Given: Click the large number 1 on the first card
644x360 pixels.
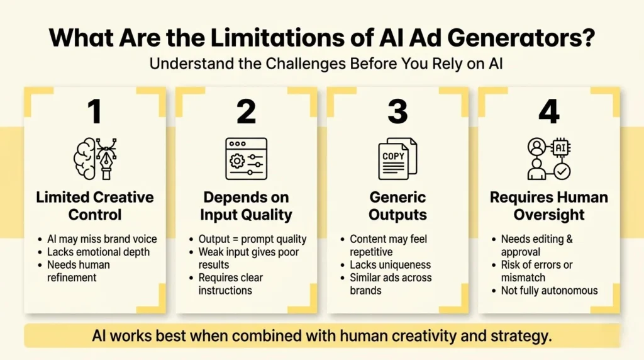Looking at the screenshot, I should click(94, 112).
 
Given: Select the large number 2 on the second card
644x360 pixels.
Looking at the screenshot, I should click(246, 112).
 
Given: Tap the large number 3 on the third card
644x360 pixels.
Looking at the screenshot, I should click(397, 112).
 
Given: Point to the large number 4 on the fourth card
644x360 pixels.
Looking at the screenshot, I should click(549, 112).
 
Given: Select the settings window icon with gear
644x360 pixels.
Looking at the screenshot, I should click(246, 159).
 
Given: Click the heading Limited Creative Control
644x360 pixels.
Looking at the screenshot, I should click(95, 206).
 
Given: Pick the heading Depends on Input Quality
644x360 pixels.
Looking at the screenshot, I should click(246, 206).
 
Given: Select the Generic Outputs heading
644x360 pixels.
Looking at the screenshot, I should click(397, 206).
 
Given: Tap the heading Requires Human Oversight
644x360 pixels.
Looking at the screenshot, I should click(548, 206).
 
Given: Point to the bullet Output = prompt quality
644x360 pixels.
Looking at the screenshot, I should click(252, 239).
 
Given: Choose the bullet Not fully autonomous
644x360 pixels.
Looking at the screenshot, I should click(549, 290).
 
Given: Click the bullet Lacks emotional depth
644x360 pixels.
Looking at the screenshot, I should click(99, 252).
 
